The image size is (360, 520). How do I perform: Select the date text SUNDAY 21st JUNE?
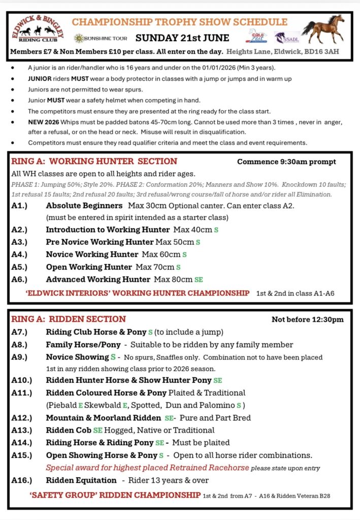point(182,38)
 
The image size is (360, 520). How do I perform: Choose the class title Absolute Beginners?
point(84,206)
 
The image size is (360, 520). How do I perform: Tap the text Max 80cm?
point(173,279)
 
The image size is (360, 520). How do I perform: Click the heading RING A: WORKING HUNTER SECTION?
point(94,161)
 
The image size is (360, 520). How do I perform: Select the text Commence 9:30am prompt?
point(286,162)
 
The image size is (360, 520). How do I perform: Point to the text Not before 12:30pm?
point(308,319)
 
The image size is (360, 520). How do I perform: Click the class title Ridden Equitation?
point(81,480)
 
